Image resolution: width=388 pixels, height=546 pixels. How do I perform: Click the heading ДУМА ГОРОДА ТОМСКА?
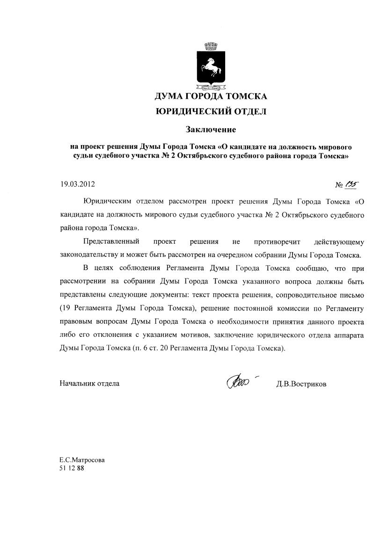click(x=211, y=97)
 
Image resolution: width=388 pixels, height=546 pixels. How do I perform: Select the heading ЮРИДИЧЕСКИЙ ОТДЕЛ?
click(x=211, y=111)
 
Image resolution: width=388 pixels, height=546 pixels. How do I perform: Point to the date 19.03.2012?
click(x=77, y=184)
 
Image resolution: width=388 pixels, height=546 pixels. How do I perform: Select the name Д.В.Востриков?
click(x=301, y=384)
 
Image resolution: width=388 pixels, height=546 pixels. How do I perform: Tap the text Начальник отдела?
click(x=89, y=384)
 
